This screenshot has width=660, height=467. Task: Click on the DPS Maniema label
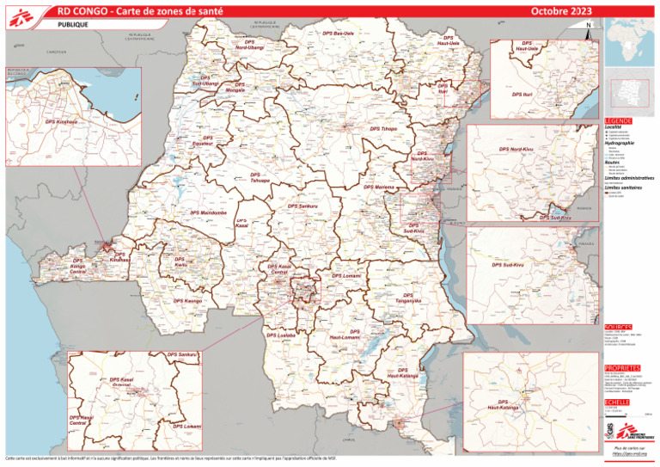click(379, 187)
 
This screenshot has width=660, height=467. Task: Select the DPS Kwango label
click(187, 301)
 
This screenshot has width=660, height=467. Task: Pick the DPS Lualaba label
click(281, 335)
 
